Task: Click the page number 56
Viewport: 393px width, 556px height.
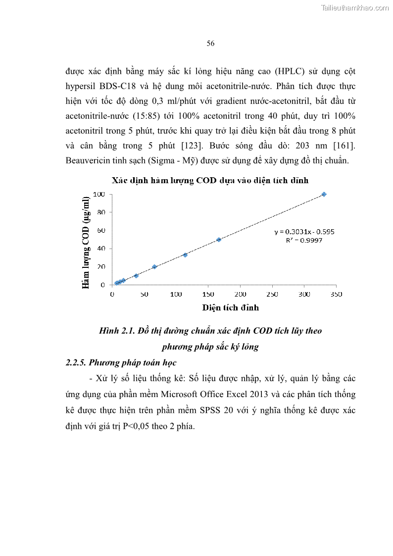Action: [x=210, y=44]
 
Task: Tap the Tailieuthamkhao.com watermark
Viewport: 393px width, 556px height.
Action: [x=355, y=7]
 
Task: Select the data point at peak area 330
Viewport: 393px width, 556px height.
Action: [x=324, y=194]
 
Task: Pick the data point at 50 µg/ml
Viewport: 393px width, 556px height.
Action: [x=218, y=240]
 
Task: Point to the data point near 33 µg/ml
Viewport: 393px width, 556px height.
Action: [x=185, y=255]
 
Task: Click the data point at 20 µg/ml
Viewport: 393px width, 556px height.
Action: [x=154, y=266]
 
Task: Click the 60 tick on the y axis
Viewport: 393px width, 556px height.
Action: [x=101, y=230]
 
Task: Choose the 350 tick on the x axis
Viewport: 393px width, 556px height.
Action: [x=336, y=294]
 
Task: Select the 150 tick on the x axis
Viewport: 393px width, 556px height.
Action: [x=208, y=294]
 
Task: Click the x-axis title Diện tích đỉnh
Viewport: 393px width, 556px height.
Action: [x=230, y=307]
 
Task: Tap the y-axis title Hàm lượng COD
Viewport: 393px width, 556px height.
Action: [x=86, y=242]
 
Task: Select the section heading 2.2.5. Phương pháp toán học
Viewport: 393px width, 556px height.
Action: [x=121, y=362]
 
